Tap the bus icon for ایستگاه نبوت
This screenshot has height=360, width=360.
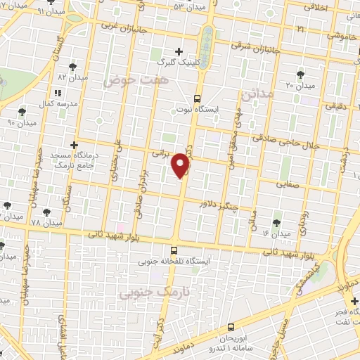click(x=197, y=98)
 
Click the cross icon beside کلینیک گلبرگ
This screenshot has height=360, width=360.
click(x=180, y=51)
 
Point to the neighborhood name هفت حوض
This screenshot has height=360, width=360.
click(x=127, y=82)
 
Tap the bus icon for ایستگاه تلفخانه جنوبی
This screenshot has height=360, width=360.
click(x=174, y=249)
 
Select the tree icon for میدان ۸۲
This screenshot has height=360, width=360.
click(x=73, y=67)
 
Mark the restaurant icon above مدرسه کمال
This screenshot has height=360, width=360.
click(x=58, y=92)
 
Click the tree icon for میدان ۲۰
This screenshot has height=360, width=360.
click(x=300, y=73)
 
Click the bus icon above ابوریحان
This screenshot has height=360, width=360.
click(x=231, y=327)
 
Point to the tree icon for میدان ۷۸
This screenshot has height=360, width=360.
click(x=47, y=210)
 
